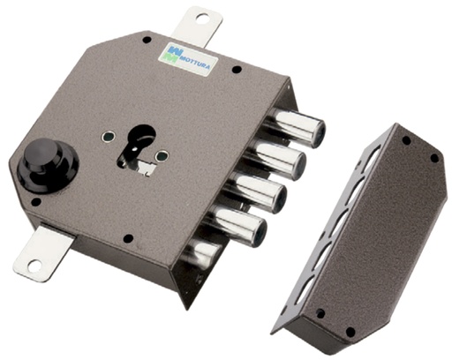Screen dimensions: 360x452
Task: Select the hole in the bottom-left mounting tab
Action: pos(33,263)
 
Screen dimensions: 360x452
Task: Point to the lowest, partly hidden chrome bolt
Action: pos(202,255)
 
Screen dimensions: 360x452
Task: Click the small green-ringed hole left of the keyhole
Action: pos(107,138)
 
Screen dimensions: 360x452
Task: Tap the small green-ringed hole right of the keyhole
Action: pos(162,156)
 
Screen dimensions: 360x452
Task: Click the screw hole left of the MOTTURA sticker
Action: pos(142,49)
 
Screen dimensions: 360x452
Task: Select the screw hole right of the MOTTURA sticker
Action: pos(236,70)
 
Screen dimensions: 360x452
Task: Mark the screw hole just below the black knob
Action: pos(36,201)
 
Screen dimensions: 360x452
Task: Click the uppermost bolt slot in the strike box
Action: pos(370,163)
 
